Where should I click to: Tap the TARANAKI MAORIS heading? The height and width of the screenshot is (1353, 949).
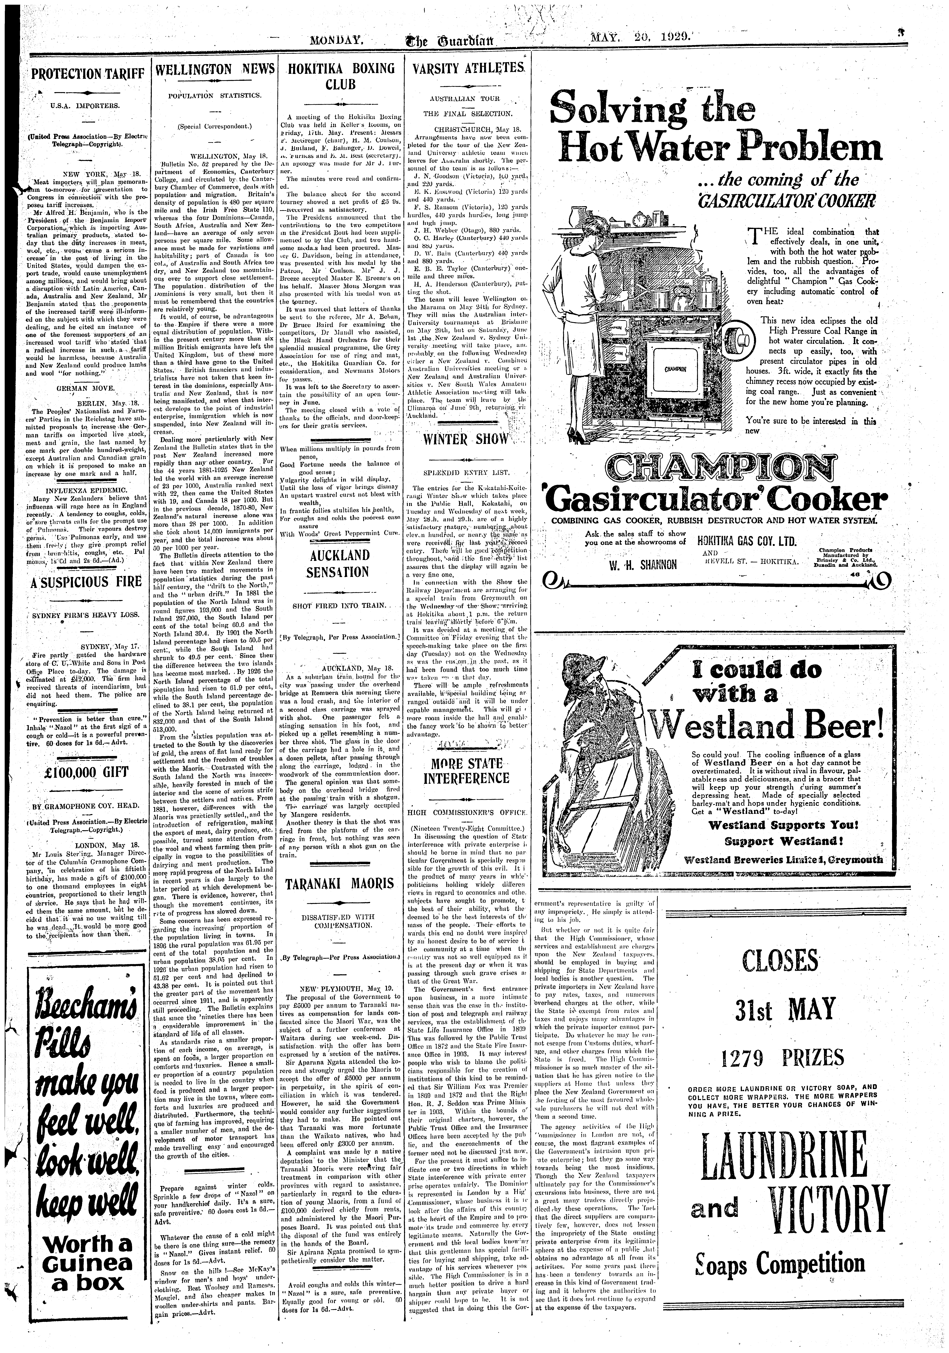pyautogui.click(x=340, y=885)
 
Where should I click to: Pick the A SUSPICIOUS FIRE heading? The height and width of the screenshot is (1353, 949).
pyautogui.click(x=87, y=583)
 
